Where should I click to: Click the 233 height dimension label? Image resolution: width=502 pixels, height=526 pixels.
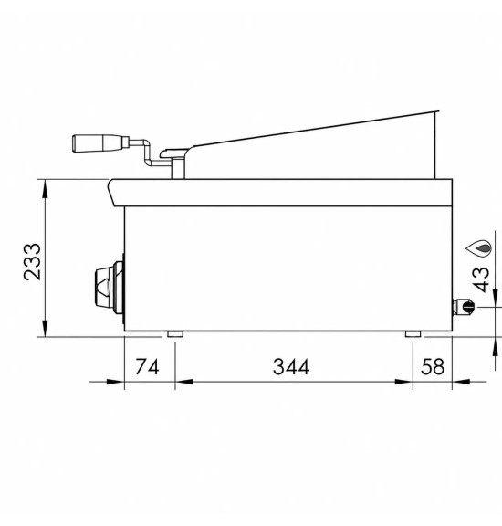coord(32,262)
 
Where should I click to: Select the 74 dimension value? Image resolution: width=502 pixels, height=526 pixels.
coord(147,366)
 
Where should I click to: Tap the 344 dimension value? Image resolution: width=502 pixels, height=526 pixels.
coord(291,366)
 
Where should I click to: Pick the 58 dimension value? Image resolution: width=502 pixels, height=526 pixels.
coord(433,366)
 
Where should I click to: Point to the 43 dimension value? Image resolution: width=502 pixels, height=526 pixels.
coord(480,279)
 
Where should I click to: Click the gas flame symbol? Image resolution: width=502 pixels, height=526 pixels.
coord(479,248)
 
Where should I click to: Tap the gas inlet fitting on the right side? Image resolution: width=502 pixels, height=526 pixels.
coord(464,307)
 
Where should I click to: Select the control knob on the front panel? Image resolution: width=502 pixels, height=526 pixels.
coord(110,288)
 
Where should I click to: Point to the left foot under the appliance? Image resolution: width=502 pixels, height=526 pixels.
coord(175,334)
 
